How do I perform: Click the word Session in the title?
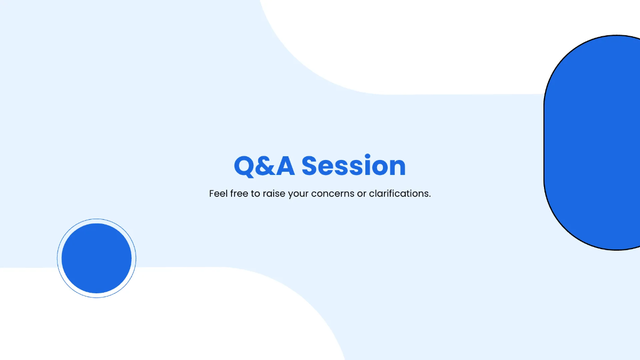tap(354, 166)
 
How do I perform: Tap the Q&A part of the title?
tap(264, 166)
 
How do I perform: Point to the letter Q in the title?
tap(244, 166)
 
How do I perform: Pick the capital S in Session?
tap(312, 166)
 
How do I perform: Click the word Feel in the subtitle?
tap(218, 194)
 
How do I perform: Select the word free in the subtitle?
tap(239, 194)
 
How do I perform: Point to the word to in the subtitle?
tap(256, 194)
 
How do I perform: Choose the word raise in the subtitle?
tap(274, 194)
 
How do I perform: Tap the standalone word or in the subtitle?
tap(362, 194)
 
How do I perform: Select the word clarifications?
tap(398, 194)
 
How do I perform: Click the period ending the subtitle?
tap(430, 197)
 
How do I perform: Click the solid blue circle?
tap(97, 258)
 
